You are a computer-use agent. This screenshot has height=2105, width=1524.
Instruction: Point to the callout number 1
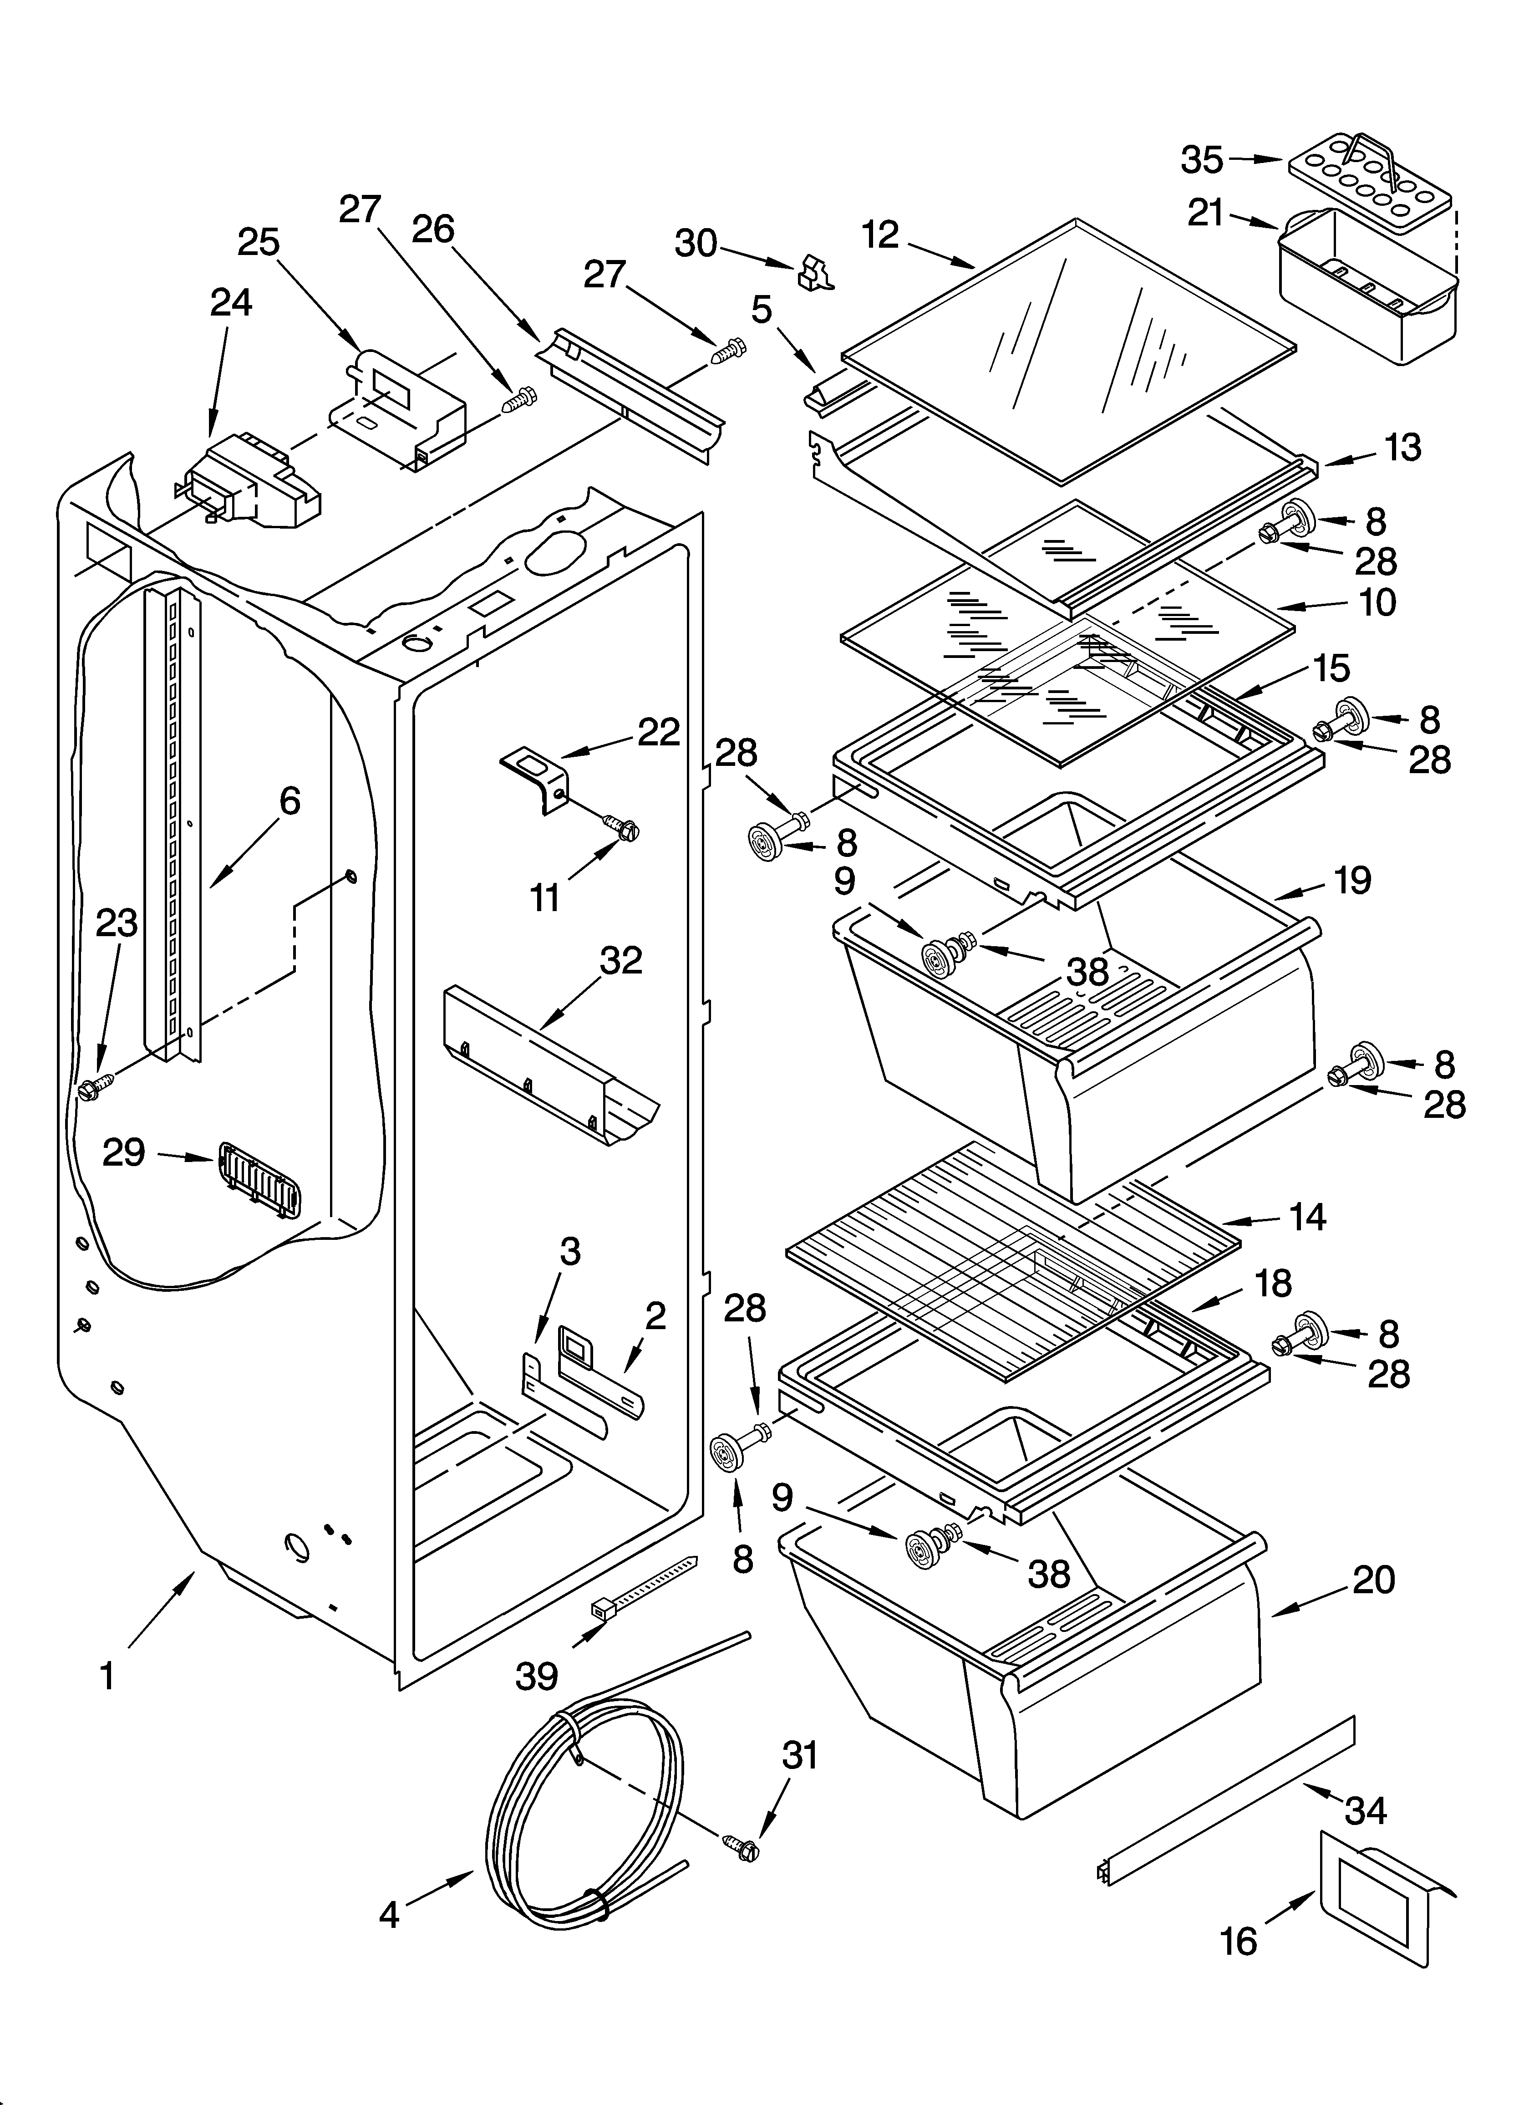(x=108, y=1676)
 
